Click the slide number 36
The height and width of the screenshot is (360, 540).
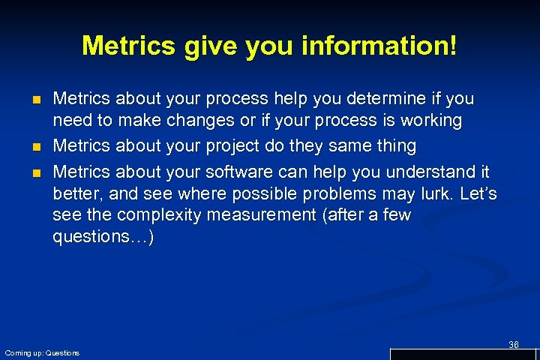[x=514, y=344]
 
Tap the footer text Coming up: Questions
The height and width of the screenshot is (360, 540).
[x=42, y=352]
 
